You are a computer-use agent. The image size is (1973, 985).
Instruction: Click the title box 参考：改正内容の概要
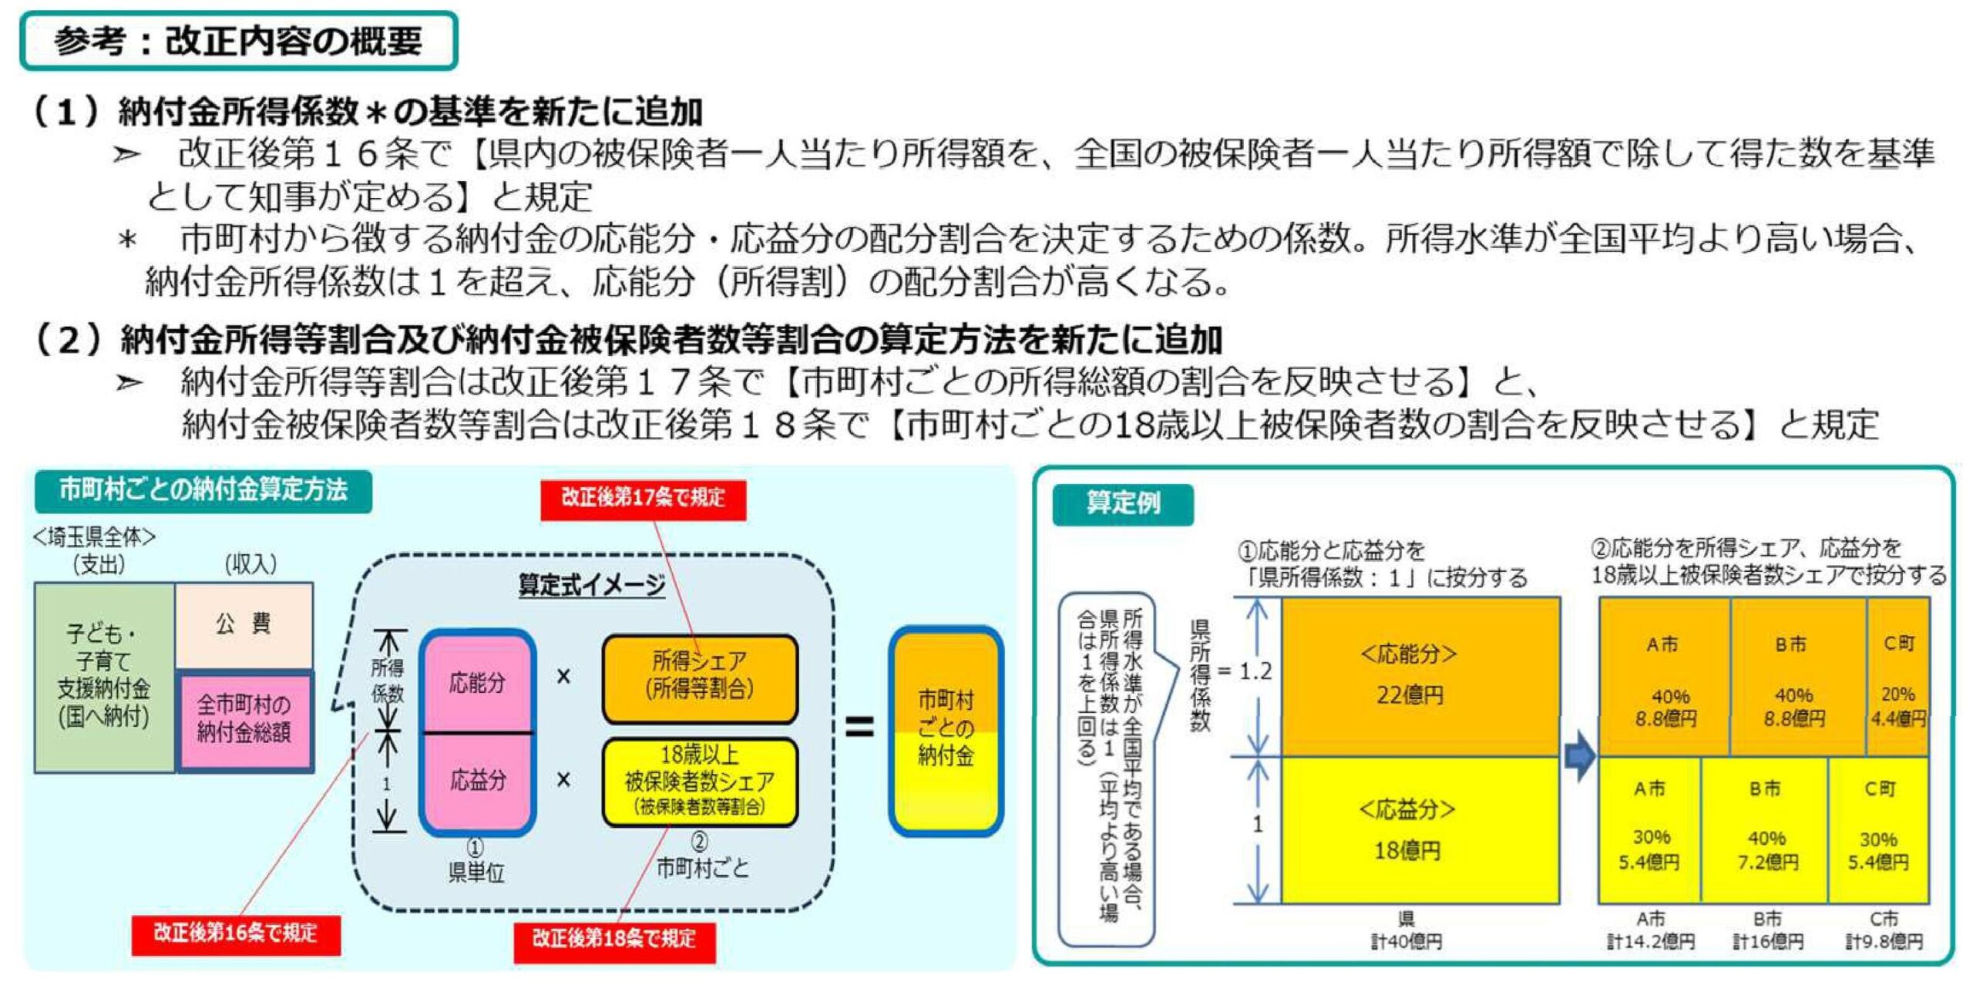pos(239,41)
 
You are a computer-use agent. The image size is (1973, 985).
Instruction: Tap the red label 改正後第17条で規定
pos(643,498)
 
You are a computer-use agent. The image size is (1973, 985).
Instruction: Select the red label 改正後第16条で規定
pos(235,933)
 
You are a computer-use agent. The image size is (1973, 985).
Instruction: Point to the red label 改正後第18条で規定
pos(614,940)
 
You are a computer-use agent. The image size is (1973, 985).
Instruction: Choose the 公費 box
pos(244,624)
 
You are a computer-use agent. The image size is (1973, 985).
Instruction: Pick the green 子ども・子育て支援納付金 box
pos(104,676)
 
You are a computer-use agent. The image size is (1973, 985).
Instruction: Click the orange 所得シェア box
pos(700,676)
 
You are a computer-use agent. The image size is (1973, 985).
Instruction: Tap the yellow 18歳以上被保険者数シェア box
pos(700,780)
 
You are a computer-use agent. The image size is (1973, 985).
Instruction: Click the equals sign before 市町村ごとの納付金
pos(859,726)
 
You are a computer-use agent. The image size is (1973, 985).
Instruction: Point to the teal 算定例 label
pos(1122,504)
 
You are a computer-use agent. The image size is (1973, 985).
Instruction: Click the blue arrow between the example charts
pos(1579,755)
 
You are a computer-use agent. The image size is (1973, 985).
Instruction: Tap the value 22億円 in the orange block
pos(1410,695)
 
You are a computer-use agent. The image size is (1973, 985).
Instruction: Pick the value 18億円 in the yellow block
pos(1407,850)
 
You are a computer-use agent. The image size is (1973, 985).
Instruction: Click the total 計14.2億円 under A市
pos(1650,942)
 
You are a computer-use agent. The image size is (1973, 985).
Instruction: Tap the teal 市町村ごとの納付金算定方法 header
pos(203,490)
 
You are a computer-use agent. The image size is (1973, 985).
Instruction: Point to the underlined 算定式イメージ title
pos(591,585)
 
